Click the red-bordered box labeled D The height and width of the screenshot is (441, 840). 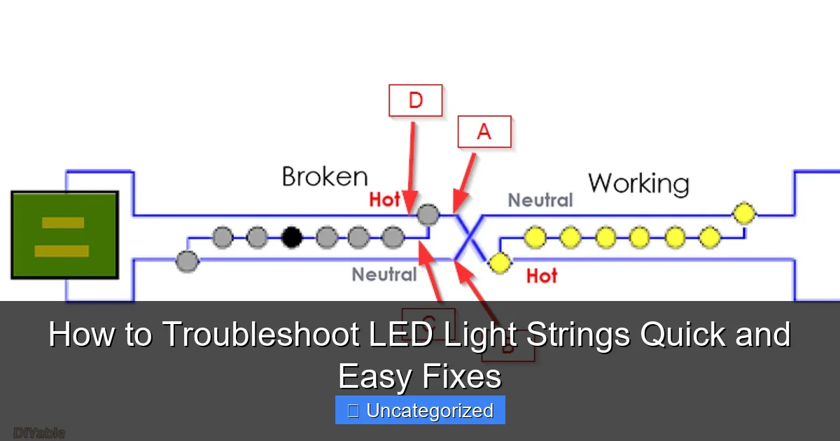[415, 100]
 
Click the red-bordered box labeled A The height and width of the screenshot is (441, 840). [484, 132]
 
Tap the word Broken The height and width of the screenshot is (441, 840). [324, 176]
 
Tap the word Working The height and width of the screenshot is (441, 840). [638, 183]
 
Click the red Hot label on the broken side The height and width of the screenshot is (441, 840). [384, 200]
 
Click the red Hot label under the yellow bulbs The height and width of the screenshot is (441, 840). [541, 276]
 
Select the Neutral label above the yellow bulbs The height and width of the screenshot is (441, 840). [540, 201]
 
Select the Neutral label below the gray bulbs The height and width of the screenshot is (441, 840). [384, 274]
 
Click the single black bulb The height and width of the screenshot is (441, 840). [291, 238]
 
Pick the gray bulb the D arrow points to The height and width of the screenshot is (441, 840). [428, 214]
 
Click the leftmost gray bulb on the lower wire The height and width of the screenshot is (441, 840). [187, 262]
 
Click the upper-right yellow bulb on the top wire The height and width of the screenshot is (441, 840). [743, 212]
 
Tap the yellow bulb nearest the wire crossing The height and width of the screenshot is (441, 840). [499, 262]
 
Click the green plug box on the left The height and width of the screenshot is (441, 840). [64, 235]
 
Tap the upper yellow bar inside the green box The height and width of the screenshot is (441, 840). [63, 223]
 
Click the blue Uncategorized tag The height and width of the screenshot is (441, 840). [420, 411]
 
